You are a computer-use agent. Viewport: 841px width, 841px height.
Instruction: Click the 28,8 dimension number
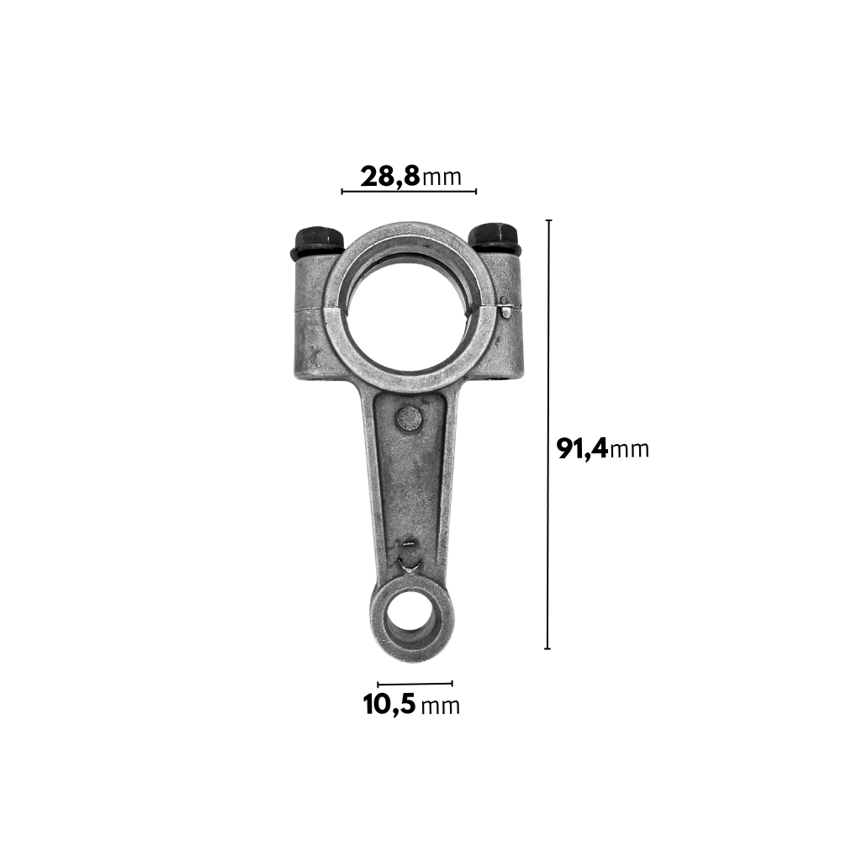[390, 176]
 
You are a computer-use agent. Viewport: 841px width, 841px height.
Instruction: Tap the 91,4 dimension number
[583, 448]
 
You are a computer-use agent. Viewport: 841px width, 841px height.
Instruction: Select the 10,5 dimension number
[389, 704]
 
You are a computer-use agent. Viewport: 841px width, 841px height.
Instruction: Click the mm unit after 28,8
[442, 177]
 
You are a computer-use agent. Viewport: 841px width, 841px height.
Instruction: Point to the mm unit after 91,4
[630, 449]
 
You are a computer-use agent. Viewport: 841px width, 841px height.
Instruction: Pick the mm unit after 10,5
[441, 706]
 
